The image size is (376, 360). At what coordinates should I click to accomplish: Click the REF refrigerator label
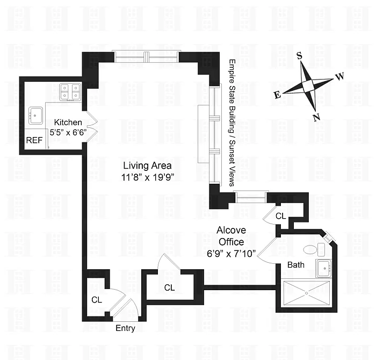point(33,141)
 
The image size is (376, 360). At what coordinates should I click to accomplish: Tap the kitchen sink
point(36,114)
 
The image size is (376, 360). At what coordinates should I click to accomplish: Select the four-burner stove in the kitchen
point(70,91)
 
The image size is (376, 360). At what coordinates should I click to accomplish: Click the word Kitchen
point(68,123)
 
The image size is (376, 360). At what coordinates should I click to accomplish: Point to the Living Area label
point(147,165)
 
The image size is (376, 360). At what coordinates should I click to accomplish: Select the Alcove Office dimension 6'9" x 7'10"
point(230,252)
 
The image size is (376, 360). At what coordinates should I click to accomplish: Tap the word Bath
point(296,264)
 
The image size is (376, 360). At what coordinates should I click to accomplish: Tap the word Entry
point(125,328)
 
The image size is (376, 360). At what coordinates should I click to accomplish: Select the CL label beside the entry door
point(97,300)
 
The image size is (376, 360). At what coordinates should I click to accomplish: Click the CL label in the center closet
point(169,287)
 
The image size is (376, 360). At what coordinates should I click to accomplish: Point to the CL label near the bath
point(280,216)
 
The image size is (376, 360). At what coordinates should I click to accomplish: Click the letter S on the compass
point(300,56)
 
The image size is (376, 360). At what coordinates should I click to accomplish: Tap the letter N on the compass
point(316,118)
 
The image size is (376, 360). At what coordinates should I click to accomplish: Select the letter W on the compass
point(339,77)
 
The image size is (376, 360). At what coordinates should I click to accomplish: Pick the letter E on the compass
point(277,95)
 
